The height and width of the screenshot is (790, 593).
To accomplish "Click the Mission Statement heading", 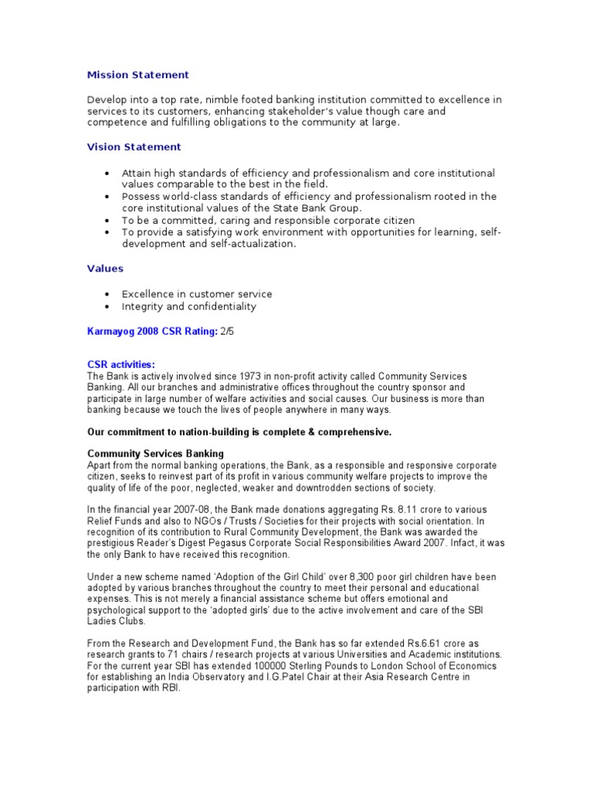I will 137,75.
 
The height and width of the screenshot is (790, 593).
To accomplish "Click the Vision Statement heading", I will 134,147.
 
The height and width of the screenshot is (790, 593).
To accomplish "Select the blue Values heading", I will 104,268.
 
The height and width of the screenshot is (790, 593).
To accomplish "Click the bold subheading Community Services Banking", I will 155,454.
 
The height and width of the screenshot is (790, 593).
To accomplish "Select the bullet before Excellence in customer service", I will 106,295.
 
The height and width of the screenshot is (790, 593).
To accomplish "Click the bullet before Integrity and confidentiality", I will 106,306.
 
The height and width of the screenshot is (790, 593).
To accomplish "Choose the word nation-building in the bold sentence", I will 209,432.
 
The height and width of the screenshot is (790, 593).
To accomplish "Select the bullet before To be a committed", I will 106,221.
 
